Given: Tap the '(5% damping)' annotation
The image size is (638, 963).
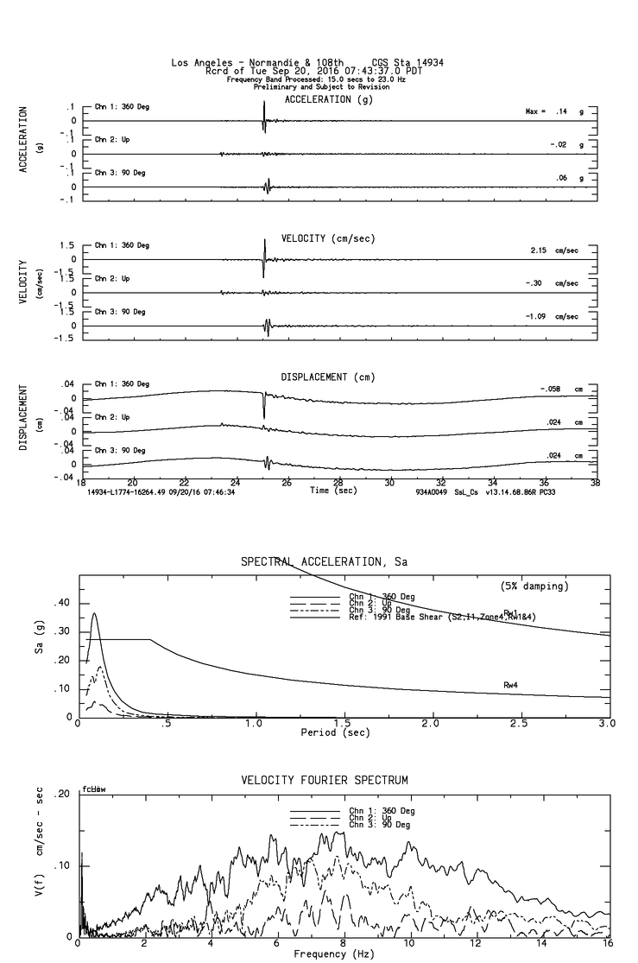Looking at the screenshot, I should pyautogui.click(x=534, y=586).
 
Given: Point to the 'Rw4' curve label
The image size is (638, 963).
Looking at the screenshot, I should pyautogui.click(x=511, y=684).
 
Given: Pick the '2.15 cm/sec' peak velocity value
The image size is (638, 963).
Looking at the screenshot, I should pyautogui.click(x=553, y=250).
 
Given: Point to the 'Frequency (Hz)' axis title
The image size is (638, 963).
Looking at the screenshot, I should pyautogui.click(x=333, y=954).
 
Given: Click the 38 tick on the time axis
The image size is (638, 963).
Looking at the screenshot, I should pyautogui.click(x=595, y=483).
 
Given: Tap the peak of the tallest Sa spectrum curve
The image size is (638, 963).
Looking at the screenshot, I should pyautogui.click(x=94, y=614).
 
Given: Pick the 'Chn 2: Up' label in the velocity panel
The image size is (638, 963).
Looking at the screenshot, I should pyautogui.click(x=112, y=279).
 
